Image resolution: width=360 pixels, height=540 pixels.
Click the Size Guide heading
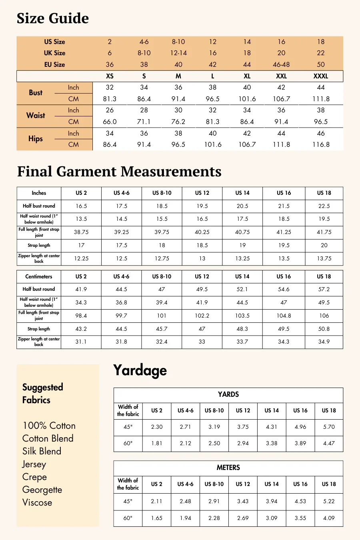[x=53, y=18]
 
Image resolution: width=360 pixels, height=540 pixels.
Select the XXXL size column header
[x=321, y=76]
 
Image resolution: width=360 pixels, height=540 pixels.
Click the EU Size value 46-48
[x=281, y=64]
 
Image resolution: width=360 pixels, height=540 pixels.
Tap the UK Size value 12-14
[x=178, y=53]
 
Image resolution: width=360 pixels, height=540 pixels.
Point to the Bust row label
[x=36, y=93]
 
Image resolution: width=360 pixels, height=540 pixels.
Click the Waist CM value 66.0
[x=110, y=122]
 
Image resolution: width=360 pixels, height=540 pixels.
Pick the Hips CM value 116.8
[x=321, y=144]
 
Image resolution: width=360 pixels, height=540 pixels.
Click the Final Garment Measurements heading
[x=119, y=172]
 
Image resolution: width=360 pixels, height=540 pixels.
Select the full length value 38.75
[x=81, y=232]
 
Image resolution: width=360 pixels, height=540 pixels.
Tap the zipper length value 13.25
[x=242, y=258]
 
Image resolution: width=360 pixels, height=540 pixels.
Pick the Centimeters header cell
[x=39, y=276]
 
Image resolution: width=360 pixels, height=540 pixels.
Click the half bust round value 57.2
[x=324, y=289]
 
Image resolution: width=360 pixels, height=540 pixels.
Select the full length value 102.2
[x=202, y=316]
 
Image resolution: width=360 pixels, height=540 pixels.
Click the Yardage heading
[x=140, y=370]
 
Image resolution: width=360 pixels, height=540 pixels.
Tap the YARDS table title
[x=228, y=394]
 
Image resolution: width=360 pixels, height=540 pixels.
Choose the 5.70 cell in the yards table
[x=329, y=427]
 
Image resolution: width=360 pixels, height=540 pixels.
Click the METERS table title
[x=228, y=468]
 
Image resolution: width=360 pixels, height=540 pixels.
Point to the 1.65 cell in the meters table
[x=157, y=518]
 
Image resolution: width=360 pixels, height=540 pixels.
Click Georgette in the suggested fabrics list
[x=42, y=490]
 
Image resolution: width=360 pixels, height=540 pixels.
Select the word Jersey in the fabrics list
[x=34, y=464]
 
